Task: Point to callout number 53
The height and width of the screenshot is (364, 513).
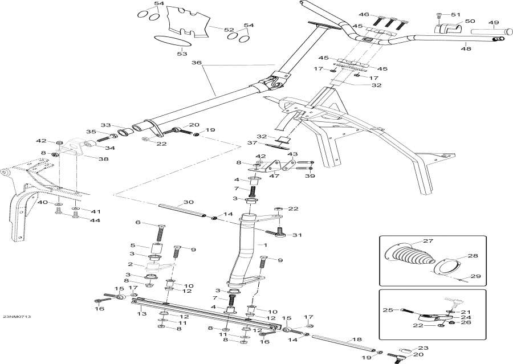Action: point(181,54)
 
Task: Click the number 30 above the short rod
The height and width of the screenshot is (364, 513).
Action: point(189,202)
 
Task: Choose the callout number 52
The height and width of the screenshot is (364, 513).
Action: point(228,30)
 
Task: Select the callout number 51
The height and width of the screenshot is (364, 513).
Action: point(454,14)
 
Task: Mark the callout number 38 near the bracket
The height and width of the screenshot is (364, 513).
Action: point(103,159)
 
